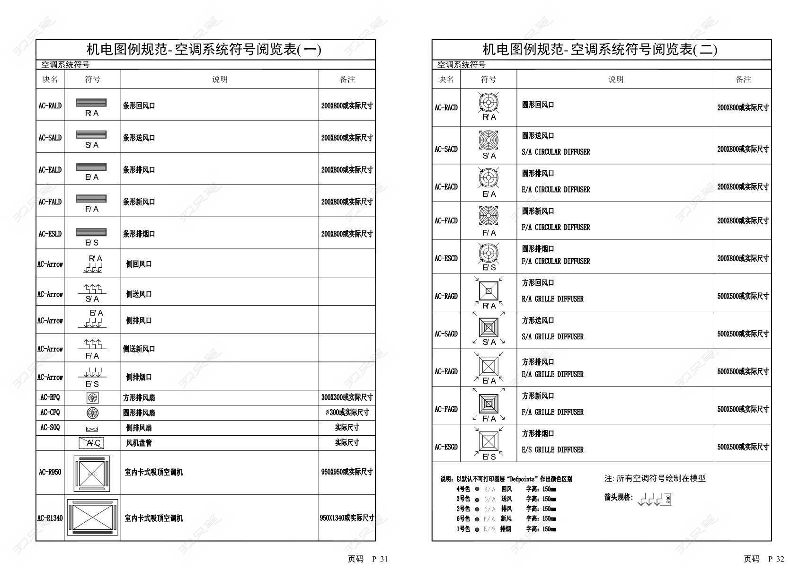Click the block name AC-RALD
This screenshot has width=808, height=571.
50,105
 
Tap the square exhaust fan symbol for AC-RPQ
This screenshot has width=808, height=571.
92,397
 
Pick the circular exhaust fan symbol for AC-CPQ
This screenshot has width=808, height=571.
92,413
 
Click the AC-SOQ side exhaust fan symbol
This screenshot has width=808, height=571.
92,429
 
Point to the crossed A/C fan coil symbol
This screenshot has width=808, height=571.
91,443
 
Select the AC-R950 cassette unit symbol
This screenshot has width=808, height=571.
92,473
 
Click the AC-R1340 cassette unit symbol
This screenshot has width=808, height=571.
92,518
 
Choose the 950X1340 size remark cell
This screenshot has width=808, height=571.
347,518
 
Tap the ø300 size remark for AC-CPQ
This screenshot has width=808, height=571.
347,413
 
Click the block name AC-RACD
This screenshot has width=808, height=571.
446,107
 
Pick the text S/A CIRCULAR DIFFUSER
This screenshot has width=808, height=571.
556,152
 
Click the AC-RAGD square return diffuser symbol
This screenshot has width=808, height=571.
488,290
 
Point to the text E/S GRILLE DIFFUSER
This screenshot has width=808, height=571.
552,449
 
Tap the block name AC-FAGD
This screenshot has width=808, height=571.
446,409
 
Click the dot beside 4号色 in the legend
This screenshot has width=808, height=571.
477,489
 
